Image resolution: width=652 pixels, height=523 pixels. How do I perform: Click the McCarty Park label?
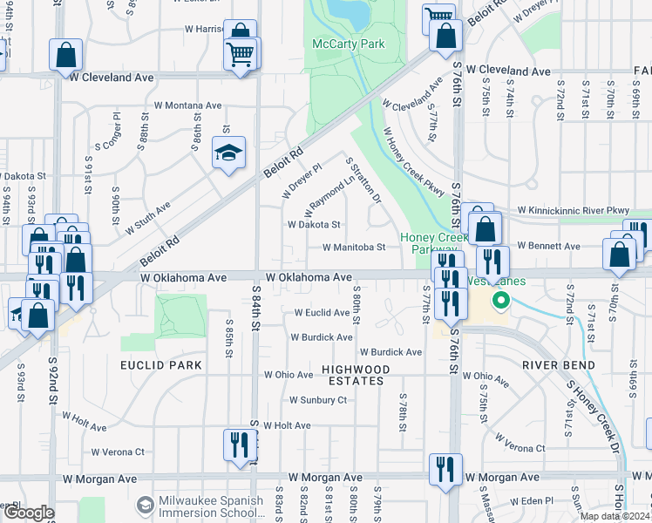(349, 44)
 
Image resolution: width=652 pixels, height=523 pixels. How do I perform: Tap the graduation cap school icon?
(228, 153)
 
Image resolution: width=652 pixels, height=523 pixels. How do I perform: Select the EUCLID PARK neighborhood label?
(161, 365)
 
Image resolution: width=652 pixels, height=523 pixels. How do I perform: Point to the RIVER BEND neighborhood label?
(559, 365)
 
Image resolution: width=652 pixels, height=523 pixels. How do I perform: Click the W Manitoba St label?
(354, 248)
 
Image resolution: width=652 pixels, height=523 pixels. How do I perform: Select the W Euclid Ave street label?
(322, 312)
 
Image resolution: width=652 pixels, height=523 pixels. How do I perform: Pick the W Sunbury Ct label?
(318, 400)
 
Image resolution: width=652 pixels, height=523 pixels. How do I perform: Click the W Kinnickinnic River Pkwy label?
(573, 210)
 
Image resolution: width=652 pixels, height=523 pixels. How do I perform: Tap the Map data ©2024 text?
(615, 516)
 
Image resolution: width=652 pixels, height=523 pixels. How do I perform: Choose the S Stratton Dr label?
(364, 179)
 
